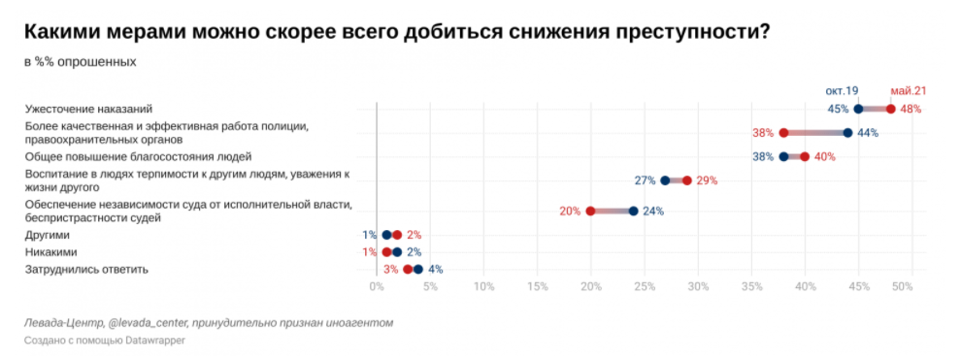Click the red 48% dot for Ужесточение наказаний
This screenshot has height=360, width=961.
point(890,109)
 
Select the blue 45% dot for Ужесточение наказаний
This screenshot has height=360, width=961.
point(858,109)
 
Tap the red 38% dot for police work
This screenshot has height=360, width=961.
point(783,133)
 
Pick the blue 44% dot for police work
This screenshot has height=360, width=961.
point(847,133)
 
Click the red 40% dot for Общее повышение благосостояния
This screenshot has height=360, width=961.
point(805,156)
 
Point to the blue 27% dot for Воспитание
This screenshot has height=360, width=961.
point(665,180)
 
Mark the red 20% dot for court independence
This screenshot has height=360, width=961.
point(590,211)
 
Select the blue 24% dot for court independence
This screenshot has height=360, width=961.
point(633,211)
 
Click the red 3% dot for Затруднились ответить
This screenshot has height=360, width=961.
point(408,270)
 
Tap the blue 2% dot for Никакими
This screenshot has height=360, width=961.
point(397,252)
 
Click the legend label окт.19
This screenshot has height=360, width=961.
point(842,90)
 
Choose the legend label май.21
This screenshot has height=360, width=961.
point(908,90)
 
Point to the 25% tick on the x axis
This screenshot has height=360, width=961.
point(644,287)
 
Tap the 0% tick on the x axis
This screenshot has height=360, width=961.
point(376,287)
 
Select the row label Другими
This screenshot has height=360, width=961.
point(49,235)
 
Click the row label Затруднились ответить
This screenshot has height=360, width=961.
point(86,270)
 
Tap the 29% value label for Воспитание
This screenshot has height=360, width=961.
point(707,180)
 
